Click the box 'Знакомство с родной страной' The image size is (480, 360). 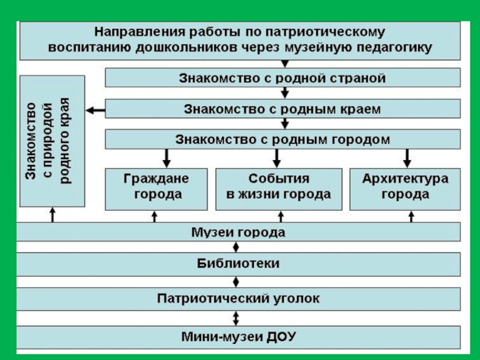[283, 78]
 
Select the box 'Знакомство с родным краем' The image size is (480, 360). [283, 109]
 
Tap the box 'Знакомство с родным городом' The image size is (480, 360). [283, 140]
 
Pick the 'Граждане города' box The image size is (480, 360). [156, 188]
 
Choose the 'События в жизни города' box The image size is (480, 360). [278, 188]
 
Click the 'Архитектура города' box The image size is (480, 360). [405, 188]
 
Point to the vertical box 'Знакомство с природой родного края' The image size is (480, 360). [52, 141]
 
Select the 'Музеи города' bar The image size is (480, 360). [238, 232]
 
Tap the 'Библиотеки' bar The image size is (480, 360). [238, 263]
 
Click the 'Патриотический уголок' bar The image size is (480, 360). [238, 298]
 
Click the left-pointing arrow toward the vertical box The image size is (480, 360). [95, 109]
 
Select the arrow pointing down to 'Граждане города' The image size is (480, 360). [167, 157]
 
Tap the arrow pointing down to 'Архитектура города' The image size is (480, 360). [407, 157]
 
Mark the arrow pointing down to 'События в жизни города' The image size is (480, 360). [277, 157]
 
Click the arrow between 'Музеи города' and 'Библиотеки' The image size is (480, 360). [236, 247]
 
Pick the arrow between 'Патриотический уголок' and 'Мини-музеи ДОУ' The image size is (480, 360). [236, 316]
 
